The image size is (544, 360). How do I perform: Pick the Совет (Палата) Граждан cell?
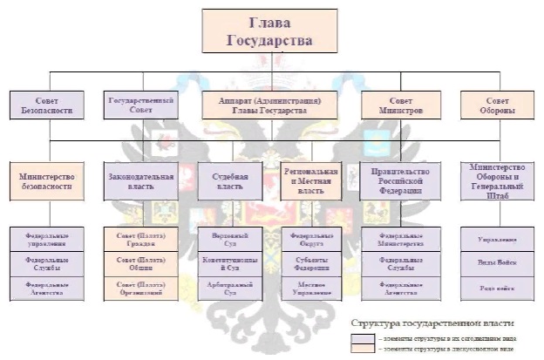140,238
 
